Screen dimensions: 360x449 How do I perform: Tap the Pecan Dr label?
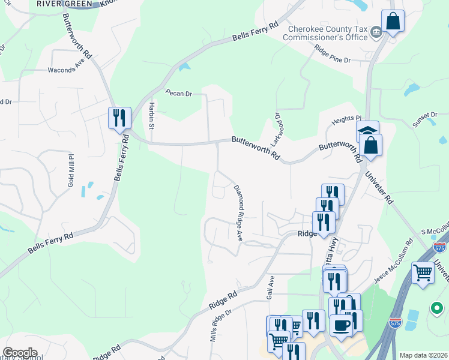pos(179,94)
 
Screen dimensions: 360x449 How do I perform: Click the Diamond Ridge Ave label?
pos(238,213)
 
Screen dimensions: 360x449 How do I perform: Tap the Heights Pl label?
pos(348,120)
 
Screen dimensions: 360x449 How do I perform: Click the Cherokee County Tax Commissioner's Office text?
pos(328,33)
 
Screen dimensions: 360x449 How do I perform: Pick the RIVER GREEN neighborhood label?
pos(64,4)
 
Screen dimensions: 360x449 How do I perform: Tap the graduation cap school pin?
pos(367,131)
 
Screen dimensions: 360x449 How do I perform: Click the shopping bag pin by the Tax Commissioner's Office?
pos(393,22)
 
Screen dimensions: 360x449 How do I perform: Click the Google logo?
pos(20,353)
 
